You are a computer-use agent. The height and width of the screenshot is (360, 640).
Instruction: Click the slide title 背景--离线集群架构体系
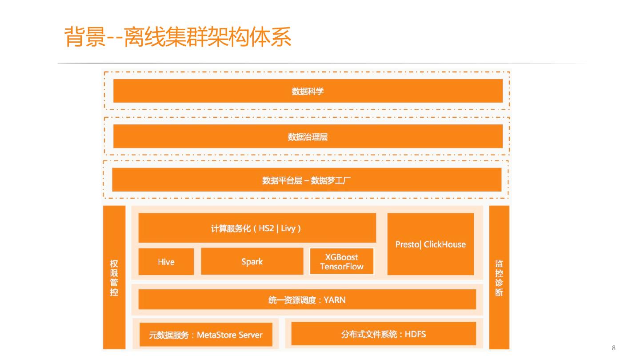(x=178, y=36)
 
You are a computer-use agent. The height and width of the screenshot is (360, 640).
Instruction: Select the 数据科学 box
(x=308, y=91)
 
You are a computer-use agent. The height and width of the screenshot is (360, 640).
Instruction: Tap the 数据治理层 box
(x=308, y=136)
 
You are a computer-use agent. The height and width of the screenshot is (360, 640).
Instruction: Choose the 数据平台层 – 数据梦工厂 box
(x=307, y=180)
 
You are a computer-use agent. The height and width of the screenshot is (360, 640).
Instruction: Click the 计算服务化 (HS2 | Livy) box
(x=257, y=228)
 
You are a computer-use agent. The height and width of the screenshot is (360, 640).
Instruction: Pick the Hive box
(x=166, y=262)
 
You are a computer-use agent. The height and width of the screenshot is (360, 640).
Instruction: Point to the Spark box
(x=252, y=261)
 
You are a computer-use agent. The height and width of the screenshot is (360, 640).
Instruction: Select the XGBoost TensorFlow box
(x=341, y=262)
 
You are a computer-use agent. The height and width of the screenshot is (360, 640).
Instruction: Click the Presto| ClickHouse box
(x=430, y=244)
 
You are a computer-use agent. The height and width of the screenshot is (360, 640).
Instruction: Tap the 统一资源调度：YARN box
(x=307, y=300)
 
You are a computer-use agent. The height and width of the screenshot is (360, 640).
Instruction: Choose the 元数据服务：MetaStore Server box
(x=205, y=335)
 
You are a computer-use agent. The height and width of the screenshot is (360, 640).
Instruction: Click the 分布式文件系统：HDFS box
(x=383, y=334)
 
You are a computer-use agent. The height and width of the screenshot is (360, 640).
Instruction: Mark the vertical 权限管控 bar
(x=114, y=277)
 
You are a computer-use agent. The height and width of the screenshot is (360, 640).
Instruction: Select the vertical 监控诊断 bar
(x=499, y=277)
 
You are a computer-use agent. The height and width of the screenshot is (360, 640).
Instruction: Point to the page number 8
(x=614, y=348)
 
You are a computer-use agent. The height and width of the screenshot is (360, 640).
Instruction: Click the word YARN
(x=335, y=300)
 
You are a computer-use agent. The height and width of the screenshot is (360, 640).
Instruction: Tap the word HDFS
(x=415, y=334)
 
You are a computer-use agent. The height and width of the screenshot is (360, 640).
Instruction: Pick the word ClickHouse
(x=444, y=244)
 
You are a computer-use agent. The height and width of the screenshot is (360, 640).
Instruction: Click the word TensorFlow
(x=341, y=267)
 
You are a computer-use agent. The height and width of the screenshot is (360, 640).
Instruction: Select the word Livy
(x=288, y=228)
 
